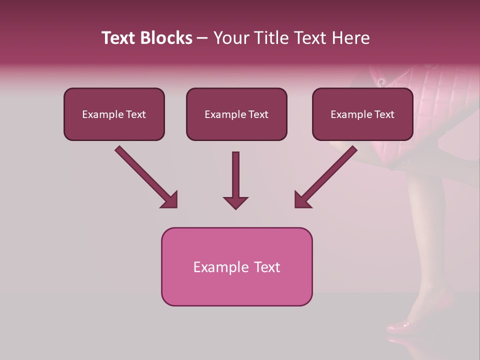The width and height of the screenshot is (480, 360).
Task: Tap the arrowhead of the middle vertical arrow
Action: coord(235,202)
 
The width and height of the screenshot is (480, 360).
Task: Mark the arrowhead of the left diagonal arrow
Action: coord(170,200)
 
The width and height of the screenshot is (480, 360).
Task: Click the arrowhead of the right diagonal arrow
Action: coord(302,200)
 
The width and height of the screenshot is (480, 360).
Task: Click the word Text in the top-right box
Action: coord(383,114)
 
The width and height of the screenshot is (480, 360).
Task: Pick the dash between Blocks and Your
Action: coord(202,38)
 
